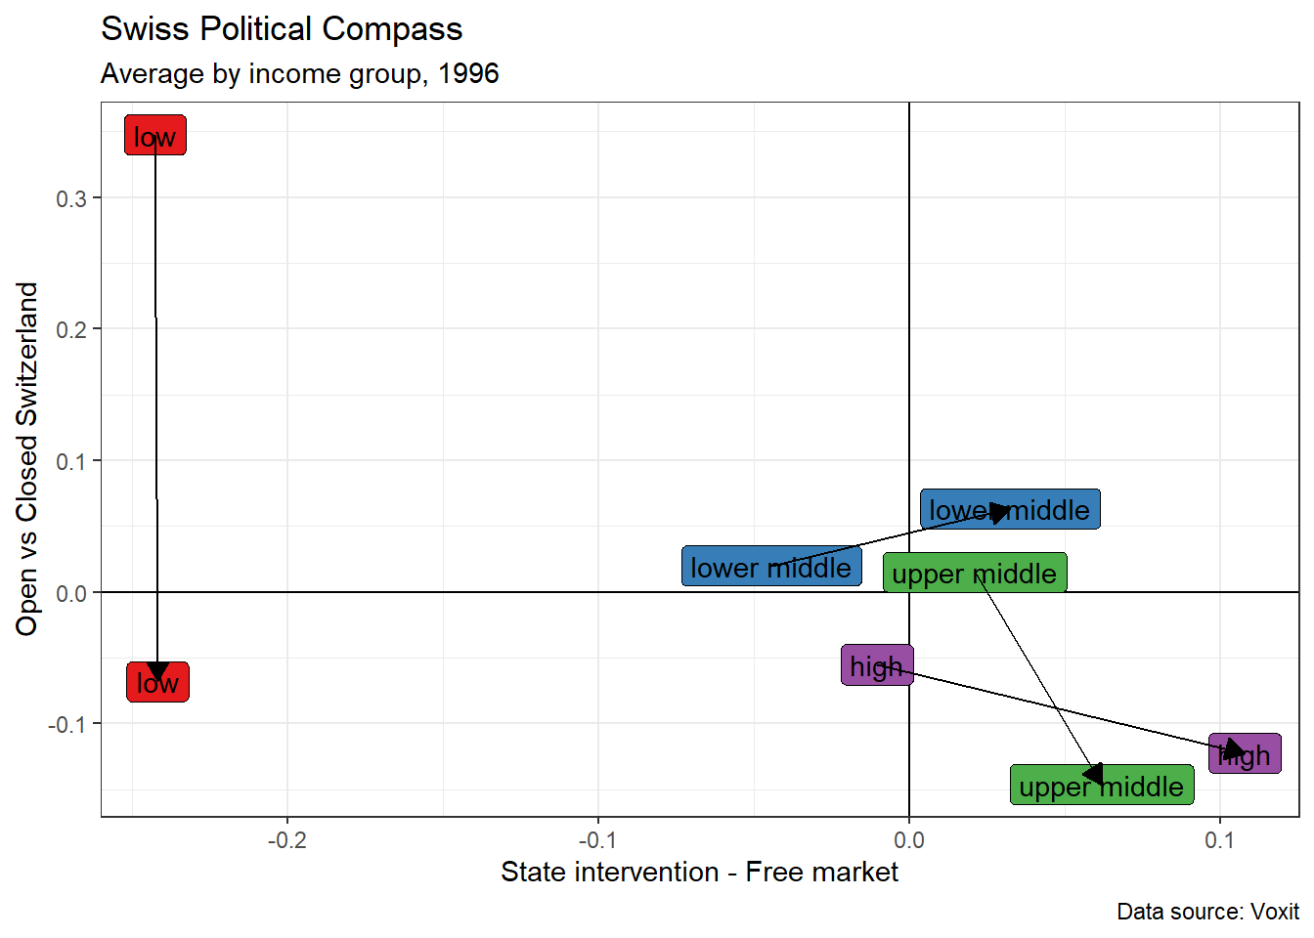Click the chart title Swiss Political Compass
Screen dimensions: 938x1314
click(x=282, y=29)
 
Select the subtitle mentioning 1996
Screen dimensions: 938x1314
click(x=299, y=74)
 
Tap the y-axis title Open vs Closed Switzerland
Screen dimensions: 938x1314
click(x=26, y=459)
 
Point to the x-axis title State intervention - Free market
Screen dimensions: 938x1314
click(x=699, y=872)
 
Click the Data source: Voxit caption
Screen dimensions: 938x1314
click(x=1207, y=912)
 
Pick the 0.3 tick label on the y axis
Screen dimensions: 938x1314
click(x=71, y=198)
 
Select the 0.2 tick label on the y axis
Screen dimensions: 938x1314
click(x=71, y=329)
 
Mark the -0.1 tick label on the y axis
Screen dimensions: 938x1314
click(x=67, y=724)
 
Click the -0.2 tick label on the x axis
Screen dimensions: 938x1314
click(x=286, y=840)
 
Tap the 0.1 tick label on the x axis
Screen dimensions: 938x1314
click(x=1219, y=840)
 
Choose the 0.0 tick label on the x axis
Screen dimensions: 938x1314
click(x=909, y=840)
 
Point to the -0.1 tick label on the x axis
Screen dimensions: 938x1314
click(x=597, y=840)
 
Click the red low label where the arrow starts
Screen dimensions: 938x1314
click(x=154, y=136)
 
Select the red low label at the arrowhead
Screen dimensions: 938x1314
click(x=157, y=682)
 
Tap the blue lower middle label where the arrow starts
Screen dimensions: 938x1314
click(x=771, y=567)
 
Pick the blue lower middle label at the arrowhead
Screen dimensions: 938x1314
click(x=1010, y=509)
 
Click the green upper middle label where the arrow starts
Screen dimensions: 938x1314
click(x=975, y=573)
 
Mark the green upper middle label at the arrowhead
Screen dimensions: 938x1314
click(x=1102, y=786)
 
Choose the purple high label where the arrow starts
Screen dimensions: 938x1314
click(x=877, y=665)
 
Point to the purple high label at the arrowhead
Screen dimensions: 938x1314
click(x=1245, y=754)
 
